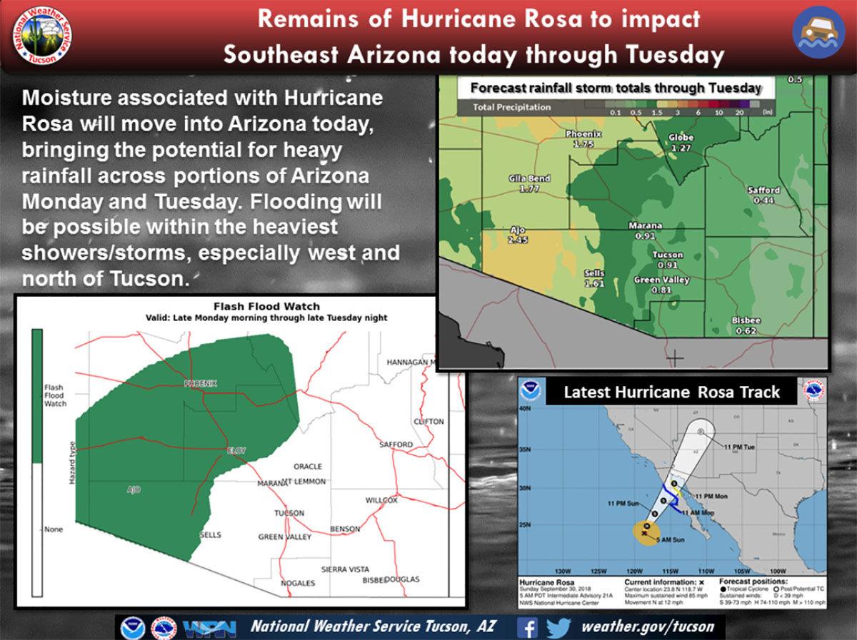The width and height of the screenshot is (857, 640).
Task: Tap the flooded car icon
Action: (x=818, y=32)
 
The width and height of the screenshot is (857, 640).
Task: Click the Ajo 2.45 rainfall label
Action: (x=518, y=235)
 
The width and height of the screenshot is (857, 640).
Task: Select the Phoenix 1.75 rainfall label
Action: (x=583, y=138)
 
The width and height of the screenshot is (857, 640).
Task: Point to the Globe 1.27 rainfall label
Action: (x=681, y=143)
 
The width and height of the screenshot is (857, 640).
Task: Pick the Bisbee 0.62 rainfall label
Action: (x=746, y=325)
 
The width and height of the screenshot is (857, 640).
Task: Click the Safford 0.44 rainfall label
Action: (x=763, y=195)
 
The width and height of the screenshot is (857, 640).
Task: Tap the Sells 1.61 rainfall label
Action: (x=594, y=278)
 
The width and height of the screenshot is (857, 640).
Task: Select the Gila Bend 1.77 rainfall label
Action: (x=528, y=183)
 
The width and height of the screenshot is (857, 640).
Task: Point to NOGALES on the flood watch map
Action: (x=298, y=583)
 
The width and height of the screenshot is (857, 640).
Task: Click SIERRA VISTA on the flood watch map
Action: (x=345, y=569)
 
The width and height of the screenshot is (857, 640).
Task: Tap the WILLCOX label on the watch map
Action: (x=381, y=500)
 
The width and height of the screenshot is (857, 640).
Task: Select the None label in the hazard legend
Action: (x=54, y=529)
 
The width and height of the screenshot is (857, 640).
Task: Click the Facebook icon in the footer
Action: (x=526, y=627)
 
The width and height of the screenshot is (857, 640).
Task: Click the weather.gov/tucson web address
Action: (x=648, y=627)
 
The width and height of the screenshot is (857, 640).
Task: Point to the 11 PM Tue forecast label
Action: (x=738, y=447)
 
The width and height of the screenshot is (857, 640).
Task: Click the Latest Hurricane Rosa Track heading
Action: (x=671, y=392)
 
